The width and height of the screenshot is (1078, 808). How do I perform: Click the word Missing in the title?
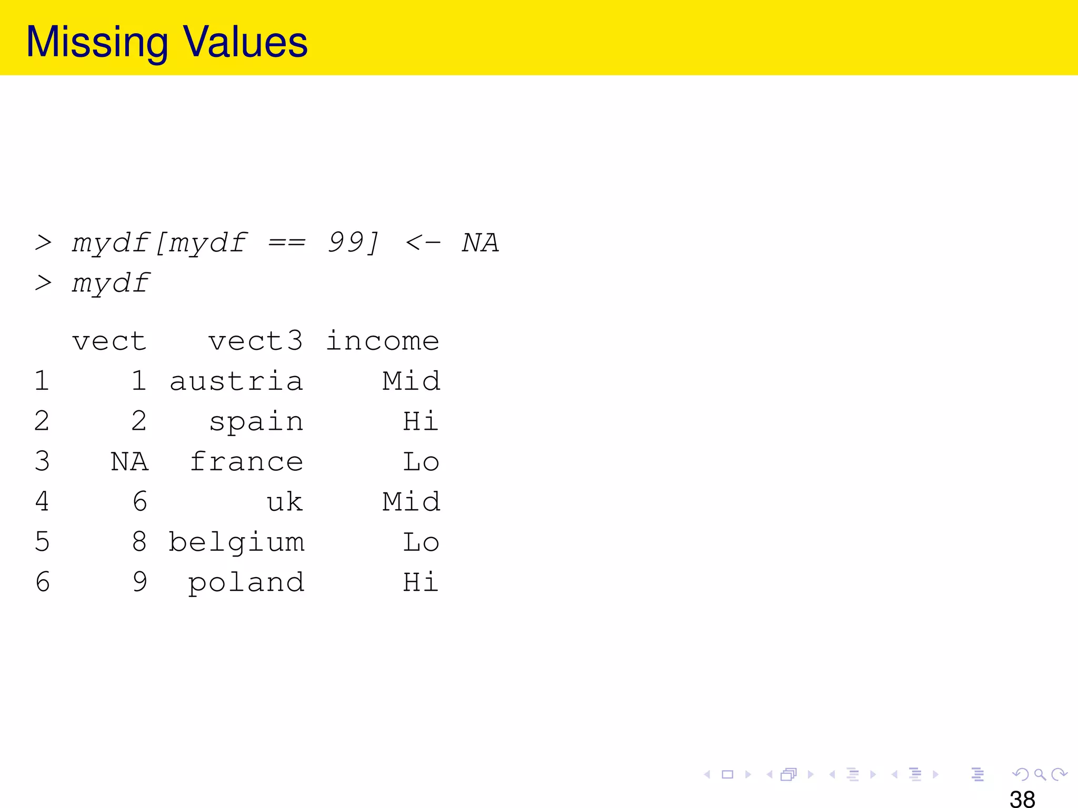point(97,42)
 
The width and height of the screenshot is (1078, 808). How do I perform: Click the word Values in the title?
point(245,42)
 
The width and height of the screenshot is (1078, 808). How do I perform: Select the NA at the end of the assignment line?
point(480,243)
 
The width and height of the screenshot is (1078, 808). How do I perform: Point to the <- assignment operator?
point(423,243)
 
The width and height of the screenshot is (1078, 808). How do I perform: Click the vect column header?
point(109,341)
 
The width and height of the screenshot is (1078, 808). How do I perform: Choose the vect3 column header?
point(256,341)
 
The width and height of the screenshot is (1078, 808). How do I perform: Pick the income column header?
point(383,341)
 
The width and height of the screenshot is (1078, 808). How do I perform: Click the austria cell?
point(236,381)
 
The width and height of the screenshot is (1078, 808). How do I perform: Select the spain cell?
point(256,421)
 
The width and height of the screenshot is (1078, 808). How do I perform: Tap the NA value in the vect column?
point(129,461)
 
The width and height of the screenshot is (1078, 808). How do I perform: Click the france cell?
point(246,461)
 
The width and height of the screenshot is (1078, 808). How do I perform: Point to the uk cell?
point(285,502)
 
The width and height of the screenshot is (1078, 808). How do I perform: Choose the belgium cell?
point(236,542)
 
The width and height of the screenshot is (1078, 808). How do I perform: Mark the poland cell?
point(246,582)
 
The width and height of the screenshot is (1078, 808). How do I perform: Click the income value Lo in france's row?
point(421,461)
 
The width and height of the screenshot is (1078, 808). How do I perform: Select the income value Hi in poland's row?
point(421,582)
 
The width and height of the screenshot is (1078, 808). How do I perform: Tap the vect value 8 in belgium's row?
point(139,542)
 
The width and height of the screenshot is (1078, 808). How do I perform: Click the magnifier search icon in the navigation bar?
point(1040,774)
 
